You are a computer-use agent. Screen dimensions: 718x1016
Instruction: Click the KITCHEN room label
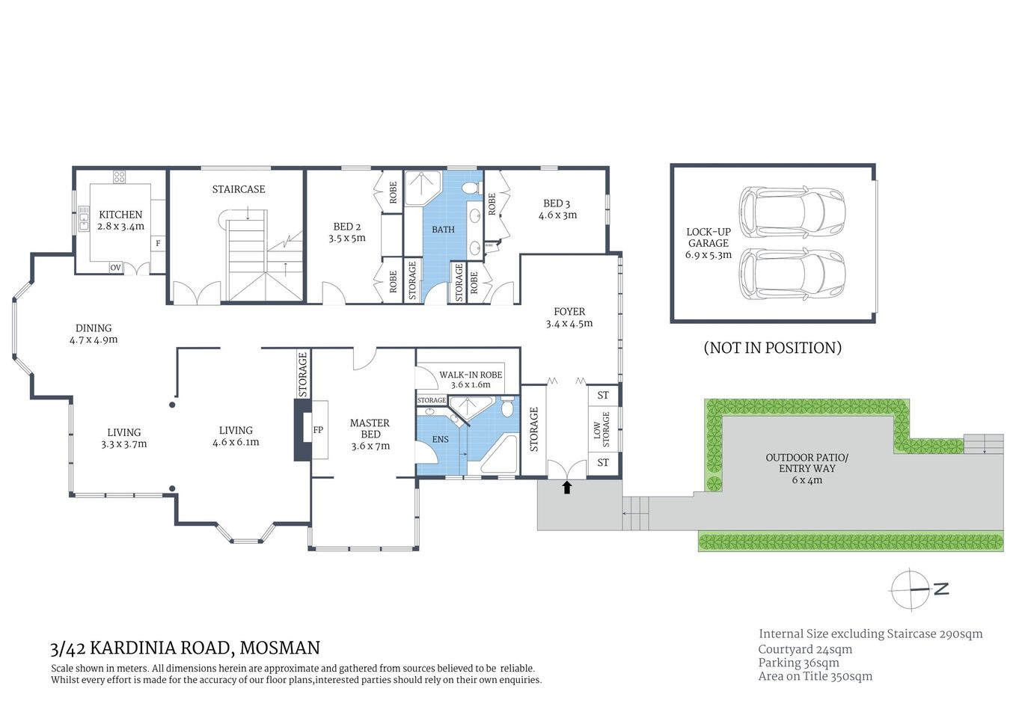click(120, 215)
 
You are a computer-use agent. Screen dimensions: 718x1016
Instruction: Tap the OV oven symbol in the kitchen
click(115, 267)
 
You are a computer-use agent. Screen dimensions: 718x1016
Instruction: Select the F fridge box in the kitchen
click(158, 244)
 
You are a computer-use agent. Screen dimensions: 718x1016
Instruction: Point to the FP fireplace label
click(318, 430)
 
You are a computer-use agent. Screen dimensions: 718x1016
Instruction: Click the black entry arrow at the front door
click(567, 488)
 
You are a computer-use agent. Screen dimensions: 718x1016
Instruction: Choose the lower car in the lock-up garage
click(792, 274)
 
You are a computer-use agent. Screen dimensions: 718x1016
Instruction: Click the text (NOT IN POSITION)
click(772, 348)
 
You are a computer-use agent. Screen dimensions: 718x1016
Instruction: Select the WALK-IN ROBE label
click(471, 375)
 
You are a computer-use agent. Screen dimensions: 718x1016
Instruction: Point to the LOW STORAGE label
click(602, 429)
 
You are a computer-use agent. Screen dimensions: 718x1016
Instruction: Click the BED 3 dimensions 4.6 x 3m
click(557, 215)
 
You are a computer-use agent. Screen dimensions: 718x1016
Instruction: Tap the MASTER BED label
click(370, 429)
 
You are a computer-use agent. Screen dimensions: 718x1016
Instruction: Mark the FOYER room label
click(569, 312)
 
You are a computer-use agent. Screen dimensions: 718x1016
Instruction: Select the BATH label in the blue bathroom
click(443, 230)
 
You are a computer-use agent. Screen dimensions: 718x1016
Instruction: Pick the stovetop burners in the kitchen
click(119, 177)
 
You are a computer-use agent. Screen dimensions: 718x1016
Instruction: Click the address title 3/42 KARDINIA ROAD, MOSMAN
click(185, 648)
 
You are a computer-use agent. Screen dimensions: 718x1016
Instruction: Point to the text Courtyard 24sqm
click(805, 649)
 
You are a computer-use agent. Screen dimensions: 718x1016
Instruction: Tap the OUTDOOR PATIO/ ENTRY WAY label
click(807, 463)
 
